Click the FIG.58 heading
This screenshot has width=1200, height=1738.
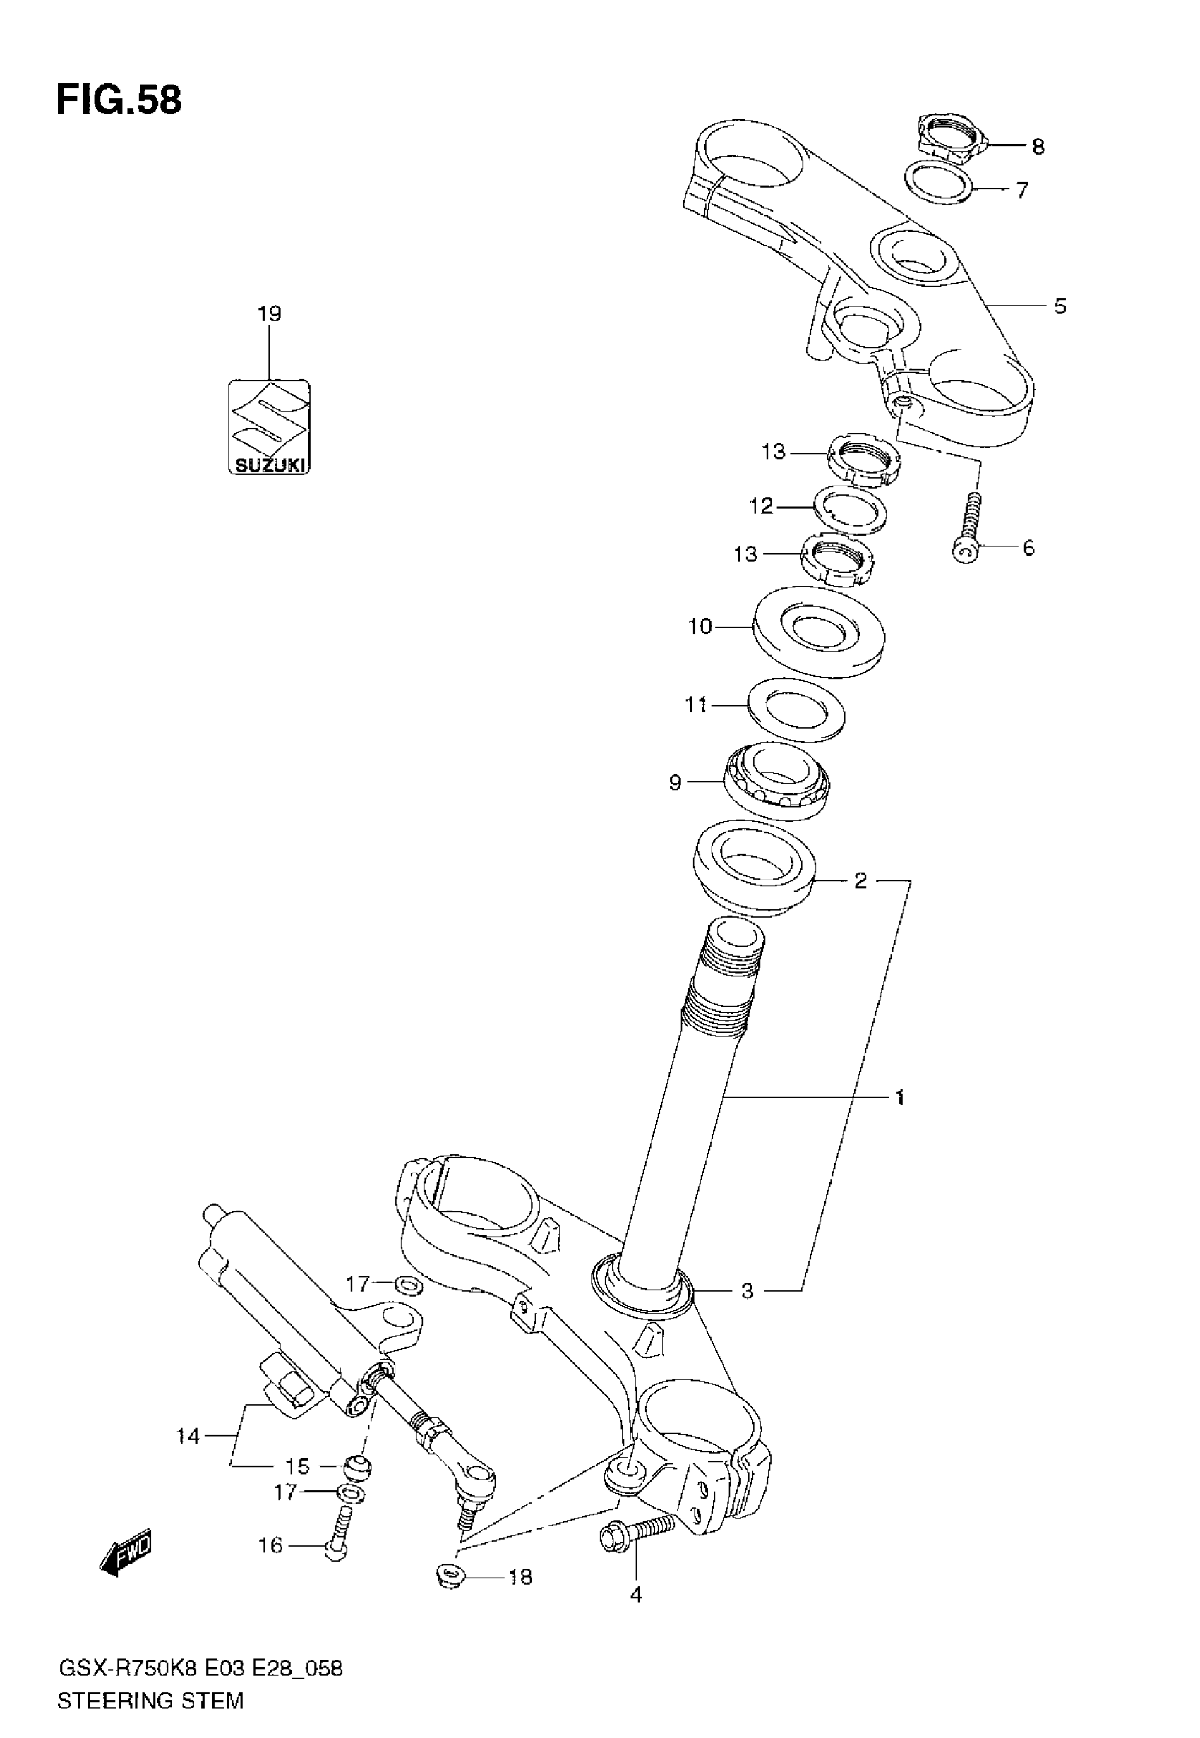[x=119, y=101]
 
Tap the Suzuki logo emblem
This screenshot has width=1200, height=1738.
[x=269, y=427]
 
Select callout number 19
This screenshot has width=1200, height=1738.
[x=269, y=313]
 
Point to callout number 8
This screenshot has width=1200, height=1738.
[x=1038, y=147]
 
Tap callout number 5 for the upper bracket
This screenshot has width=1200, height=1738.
[x=1060, y=306]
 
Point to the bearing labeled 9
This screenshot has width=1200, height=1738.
[x=777, y=783]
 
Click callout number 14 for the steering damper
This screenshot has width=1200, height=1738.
[x=188, y=1437]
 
